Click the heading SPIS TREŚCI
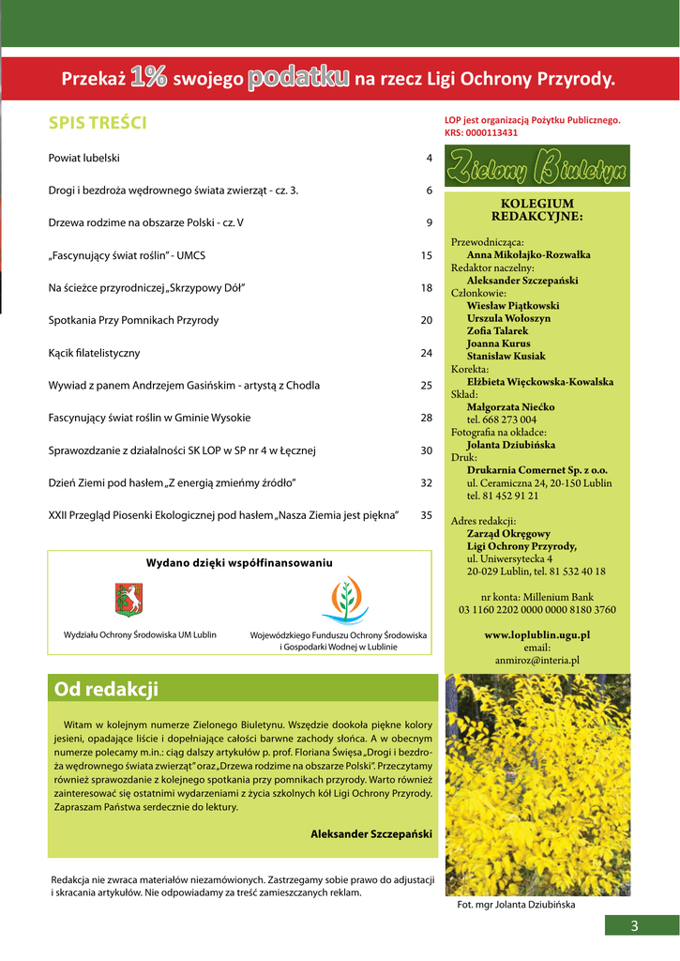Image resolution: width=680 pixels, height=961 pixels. [x=98, y=123]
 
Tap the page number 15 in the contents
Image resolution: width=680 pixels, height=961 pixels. [x=426, y=255]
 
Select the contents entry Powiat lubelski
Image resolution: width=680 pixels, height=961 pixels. [x=84, y=158]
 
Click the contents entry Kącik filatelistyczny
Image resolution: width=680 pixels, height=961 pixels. [x=94, y=353]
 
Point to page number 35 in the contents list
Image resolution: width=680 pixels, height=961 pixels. [x=426, y=515]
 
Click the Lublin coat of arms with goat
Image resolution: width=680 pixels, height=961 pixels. [x=128, y=599]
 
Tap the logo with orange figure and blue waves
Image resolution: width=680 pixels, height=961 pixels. [x=344, y=601]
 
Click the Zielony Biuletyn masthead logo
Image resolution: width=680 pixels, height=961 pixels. [x=537, y=167]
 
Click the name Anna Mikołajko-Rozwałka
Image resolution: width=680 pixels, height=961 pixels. [x=528, y=254]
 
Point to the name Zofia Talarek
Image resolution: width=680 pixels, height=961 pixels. [x=497, y=330]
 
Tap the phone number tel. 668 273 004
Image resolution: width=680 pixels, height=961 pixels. [x=502, y=419]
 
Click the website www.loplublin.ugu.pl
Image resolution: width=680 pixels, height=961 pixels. [x=536, y=635]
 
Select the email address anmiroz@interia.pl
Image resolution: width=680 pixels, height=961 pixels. [x=536, y=660]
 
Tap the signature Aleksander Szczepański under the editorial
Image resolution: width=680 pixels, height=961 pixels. [x=370, y=833]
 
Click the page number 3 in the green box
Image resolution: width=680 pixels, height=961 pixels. [x=634, y=927]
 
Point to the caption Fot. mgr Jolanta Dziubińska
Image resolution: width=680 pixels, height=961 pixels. [x=516, y=906]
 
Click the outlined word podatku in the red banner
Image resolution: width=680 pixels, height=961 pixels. [x=299, y=79]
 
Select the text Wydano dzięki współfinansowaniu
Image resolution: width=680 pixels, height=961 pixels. [x=239, y=563]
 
